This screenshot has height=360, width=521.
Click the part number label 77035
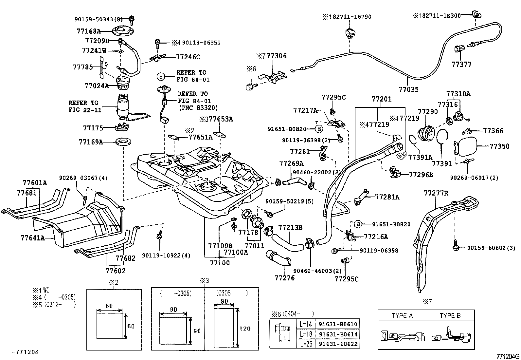[x=408, y=89]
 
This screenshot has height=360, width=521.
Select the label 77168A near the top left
[x=88, y=31]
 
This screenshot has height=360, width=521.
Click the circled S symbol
[x=161, y=77]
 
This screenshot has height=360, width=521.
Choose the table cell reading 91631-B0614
[x=338, y=334]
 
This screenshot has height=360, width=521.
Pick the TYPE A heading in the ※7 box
[x=402, y=315]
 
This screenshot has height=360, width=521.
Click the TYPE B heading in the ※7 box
[x=450, y=315]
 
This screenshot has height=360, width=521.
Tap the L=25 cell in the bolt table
[x=305, y=344]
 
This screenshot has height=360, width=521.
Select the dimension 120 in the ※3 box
[x=245, y=329]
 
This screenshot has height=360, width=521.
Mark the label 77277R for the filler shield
[x=436, y=193]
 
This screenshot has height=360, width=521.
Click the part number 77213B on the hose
[x=290, y=227]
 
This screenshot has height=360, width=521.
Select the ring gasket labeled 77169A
[x=124, y=142]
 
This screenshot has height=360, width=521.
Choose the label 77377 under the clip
[x=461, y=65]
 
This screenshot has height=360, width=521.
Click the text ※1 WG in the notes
[x=41, y=290]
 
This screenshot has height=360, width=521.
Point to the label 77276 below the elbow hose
[x=284, y=278]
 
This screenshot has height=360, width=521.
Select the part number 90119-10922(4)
[x=166, y=255]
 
